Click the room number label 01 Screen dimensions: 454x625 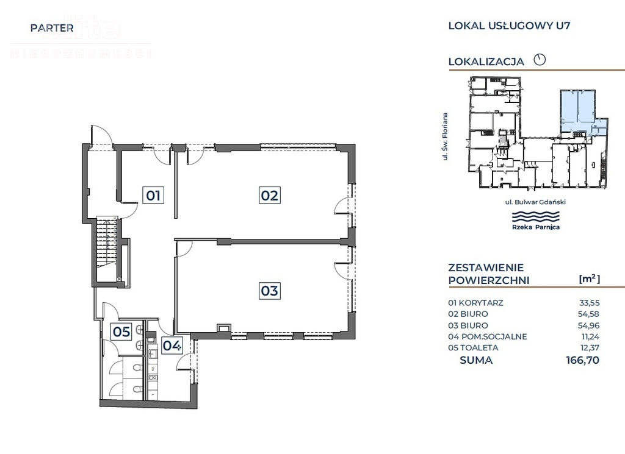[x=153, y=196]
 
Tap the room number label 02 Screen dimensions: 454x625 [x=269, y=196]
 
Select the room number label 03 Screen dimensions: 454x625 [x=269, y=291]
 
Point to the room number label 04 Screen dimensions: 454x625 [x=172, y=346]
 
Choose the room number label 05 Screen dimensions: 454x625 [x=121, y=332]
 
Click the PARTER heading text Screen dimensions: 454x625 [x=52, y=27]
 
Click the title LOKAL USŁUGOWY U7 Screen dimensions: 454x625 [x=509, y=26]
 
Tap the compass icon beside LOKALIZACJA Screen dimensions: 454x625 [x=539, y=60]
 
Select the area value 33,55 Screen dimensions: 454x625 [x=589, y=302]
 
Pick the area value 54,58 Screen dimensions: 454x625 [x=589, y=314]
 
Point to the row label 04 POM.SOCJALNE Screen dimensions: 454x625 [x=487, y=336]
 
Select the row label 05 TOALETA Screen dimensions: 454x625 [x=474, y=348]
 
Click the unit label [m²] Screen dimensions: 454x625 [x=589, y=279]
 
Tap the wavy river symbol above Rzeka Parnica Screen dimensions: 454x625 [x=535, y=216]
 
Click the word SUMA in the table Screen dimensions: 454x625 [x=476, y=360]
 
